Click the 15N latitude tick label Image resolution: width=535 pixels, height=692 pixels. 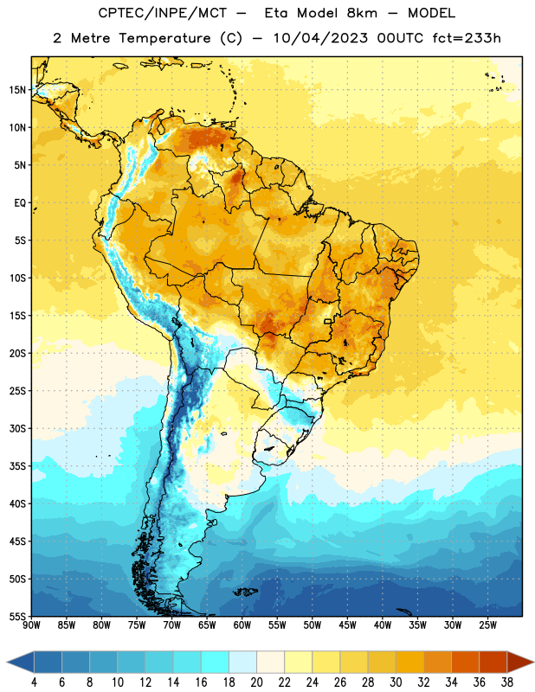coord(17,90)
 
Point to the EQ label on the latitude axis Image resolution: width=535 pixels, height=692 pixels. coord(20,203)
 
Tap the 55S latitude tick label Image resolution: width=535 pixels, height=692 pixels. coord(17,616)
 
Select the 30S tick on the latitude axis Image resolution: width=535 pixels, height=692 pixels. coord(17,428)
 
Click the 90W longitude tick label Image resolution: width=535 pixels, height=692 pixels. coord(31,625)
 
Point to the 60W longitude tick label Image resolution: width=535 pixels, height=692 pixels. coord(242,625)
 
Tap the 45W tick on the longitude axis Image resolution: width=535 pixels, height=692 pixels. coord(347,625)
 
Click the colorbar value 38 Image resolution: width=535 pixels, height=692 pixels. coord(507,682)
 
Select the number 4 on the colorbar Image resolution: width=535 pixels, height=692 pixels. coord(34,682)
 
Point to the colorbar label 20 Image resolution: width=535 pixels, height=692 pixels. coord(256,682)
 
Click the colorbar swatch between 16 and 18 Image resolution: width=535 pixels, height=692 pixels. coord(215,663)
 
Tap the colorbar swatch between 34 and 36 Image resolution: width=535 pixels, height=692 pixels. coord(465,663)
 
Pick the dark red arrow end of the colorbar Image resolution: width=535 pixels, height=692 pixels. coord(520,663)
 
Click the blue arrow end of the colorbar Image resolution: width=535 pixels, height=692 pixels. coord(21,663)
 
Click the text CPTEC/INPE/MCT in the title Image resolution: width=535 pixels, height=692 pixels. coord(163,13)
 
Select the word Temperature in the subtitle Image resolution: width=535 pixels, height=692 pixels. coord(164,38)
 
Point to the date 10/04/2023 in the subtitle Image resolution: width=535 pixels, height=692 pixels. coord(320,38)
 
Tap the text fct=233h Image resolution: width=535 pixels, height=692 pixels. coord(467,38)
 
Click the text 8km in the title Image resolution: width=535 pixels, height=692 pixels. coord(362,13)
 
